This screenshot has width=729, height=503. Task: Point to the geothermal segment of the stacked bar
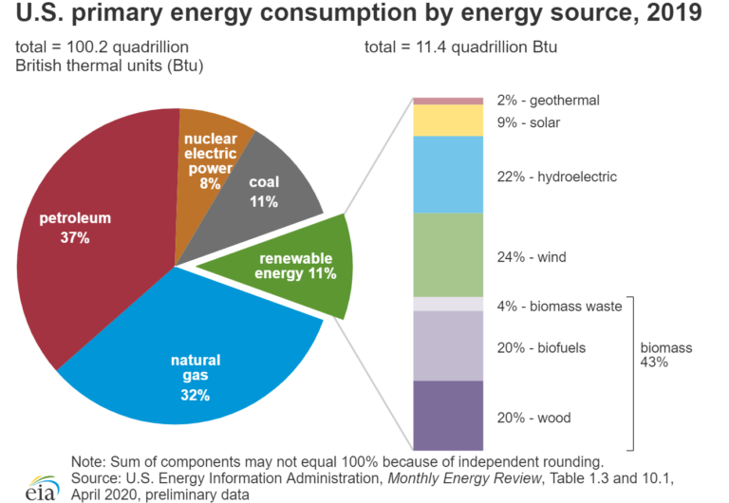[x=449, y=100]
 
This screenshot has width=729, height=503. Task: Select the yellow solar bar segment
[x=449, y=120]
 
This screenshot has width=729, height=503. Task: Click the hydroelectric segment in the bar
[x=449, y=175]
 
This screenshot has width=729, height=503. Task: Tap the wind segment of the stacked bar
[x=449, y=254]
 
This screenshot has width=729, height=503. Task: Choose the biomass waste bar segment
[x=449, y=304]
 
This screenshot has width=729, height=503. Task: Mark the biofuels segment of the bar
[x=449, y=345]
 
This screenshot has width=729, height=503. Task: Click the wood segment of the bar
[x=449, y=416]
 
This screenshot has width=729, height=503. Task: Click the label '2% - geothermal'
[x=548, y=100]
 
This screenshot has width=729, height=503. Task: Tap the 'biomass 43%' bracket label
[x=665, y=355]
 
